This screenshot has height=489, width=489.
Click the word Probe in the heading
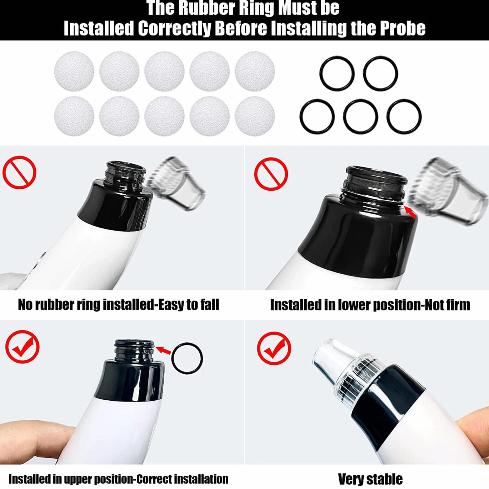click(403, 29)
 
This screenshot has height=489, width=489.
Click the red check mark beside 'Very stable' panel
click(274, 349)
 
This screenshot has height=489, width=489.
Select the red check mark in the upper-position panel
click(22, 347)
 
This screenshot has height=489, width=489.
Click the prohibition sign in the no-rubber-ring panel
click(19, 172)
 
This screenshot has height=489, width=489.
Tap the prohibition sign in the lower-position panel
click(271, 174)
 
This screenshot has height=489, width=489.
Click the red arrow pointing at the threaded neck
click(163, 350)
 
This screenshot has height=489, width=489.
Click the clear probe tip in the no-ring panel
click(176, 183)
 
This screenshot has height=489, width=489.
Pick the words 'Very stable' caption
click(370, 479)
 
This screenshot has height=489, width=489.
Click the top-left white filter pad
click(74, 71)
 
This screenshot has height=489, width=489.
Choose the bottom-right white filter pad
click(255, 116)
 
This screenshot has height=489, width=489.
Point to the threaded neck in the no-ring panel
click(125, 176)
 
